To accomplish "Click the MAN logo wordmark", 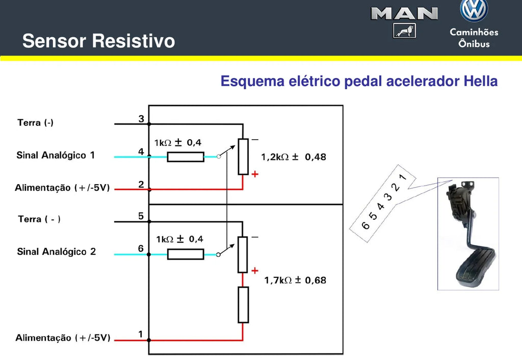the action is [404, 14].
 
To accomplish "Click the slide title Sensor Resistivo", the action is [98, 41].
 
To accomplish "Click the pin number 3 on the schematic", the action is [141, 119].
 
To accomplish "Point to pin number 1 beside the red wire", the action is [141, 334].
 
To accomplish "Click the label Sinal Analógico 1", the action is [56, 155].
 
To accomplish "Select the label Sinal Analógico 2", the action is [56, 251].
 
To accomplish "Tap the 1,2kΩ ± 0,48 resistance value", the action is [294, 157].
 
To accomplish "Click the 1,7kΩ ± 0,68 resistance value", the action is [295, 280].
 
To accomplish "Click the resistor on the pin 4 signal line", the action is [186, 157].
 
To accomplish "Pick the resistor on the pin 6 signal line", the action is [186, 254].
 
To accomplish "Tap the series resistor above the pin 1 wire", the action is [243, 305].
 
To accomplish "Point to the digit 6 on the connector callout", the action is [365, 225].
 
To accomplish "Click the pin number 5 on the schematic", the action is [141, 216].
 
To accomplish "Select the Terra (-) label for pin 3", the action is [35, 122].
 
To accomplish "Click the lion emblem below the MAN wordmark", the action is [404, 31].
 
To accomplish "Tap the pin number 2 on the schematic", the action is [141, 184].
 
